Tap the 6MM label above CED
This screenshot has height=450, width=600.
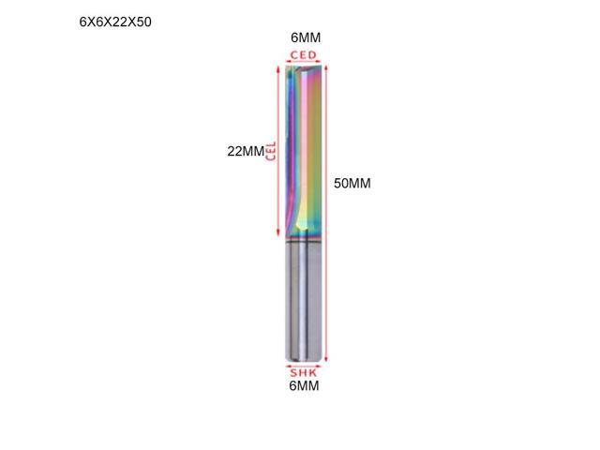(306, 37)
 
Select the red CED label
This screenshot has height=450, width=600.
(304, 55)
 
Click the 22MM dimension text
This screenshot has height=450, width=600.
(246, 151)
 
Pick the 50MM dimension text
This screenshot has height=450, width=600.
(352, 184)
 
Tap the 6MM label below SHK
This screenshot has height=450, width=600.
(305, 384)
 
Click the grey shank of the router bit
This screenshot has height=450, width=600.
(305, 300)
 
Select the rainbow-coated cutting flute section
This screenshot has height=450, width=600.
(305, 141)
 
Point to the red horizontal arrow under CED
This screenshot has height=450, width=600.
(304, 65)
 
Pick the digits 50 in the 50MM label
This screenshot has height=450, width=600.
(342, 184)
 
